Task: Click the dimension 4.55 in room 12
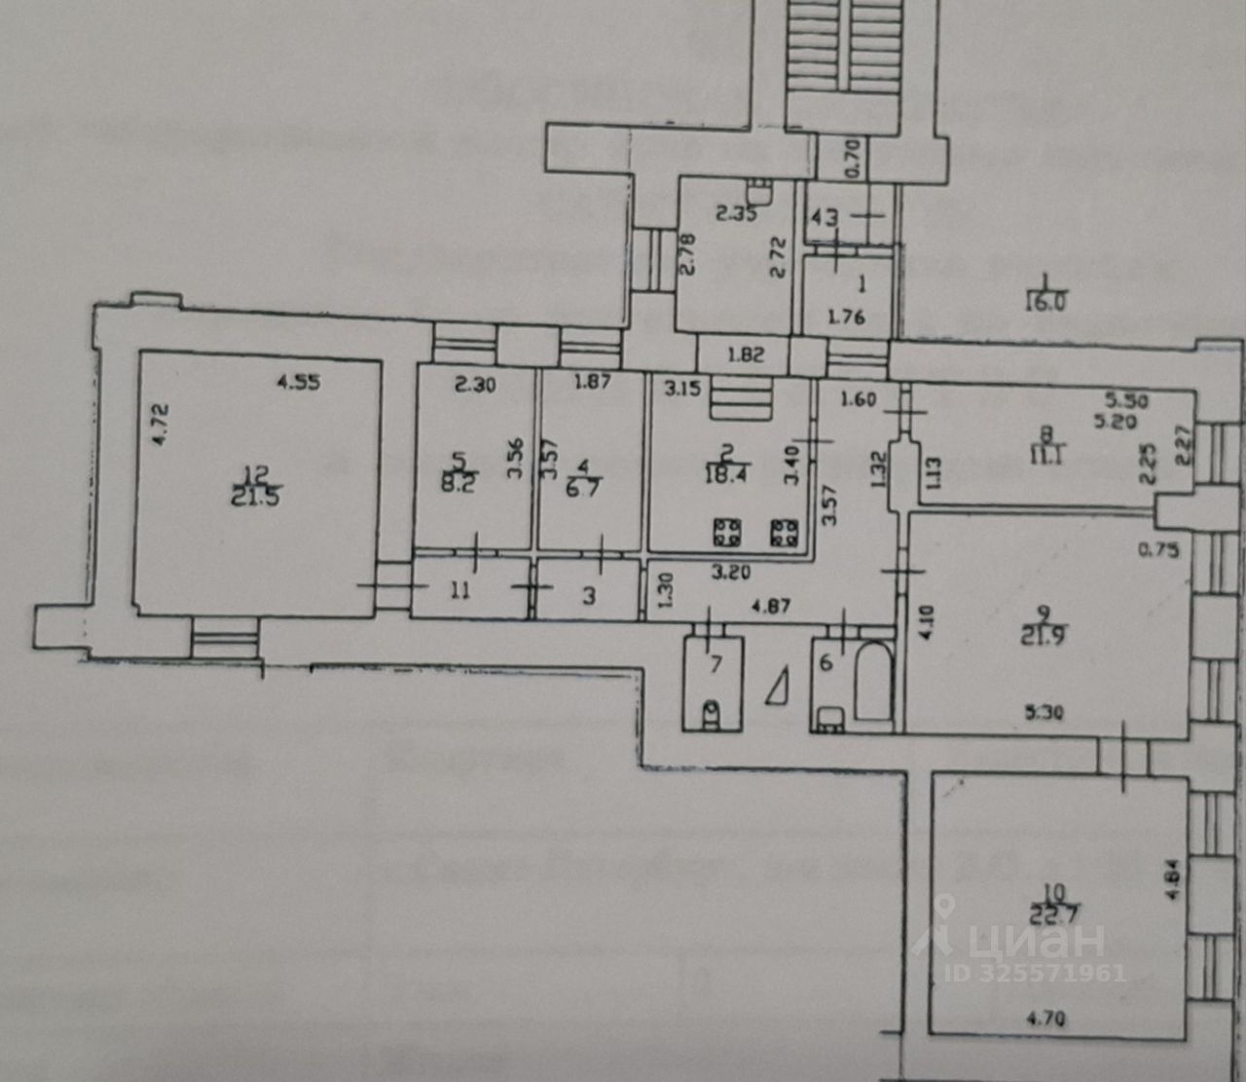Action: (298, 383)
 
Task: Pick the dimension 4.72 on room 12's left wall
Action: (163, 423)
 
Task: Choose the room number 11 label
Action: (459, 589)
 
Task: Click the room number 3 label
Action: (589, 594)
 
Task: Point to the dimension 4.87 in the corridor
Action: (769, 607)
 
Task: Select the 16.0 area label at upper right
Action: (1045, 302)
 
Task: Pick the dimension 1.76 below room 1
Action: (845, 317)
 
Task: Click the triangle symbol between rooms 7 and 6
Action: (779, 686)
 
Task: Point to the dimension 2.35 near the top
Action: (737, 216)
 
